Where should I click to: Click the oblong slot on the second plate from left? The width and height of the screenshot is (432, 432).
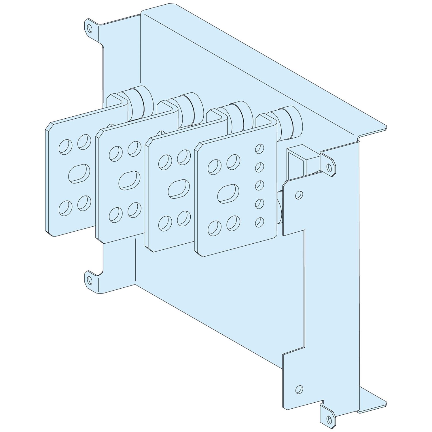[129, 180]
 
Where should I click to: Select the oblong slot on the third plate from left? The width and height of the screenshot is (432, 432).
[179, 189]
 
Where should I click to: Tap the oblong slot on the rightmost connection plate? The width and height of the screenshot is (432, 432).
[228, 193]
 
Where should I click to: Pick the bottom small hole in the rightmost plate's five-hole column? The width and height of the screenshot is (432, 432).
[260, 221]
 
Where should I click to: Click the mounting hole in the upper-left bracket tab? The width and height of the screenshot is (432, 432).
[90, 28]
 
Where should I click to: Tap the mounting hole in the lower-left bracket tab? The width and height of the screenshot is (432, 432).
[90, 279]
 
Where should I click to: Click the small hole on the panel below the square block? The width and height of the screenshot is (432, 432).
[299, 195]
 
